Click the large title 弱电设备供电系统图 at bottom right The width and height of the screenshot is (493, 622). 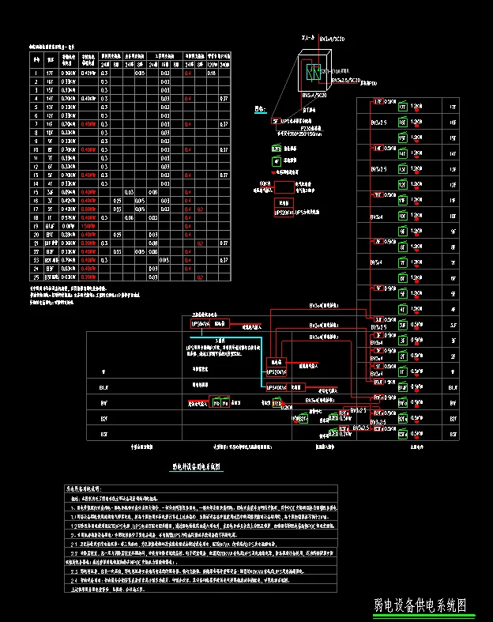420,605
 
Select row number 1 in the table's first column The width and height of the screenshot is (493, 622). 36,74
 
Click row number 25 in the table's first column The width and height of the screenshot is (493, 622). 36,277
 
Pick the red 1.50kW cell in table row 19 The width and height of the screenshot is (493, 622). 88,226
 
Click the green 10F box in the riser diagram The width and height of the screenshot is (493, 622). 402,215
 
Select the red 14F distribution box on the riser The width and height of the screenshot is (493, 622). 378,148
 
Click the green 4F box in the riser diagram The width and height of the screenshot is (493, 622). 402,309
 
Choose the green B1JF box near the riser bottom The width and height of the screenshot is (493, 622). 402,387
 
